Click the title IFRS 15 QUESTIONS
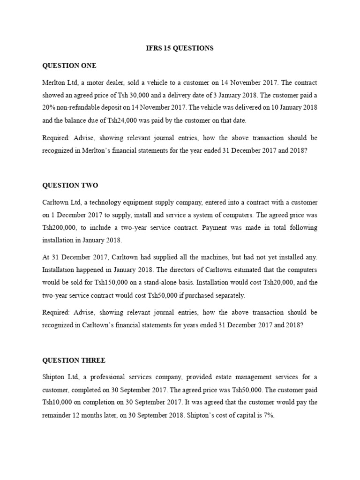pos(180,48)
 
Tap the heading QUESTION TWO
pos(70,186)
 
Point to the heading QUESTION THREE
pos(74,360)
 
